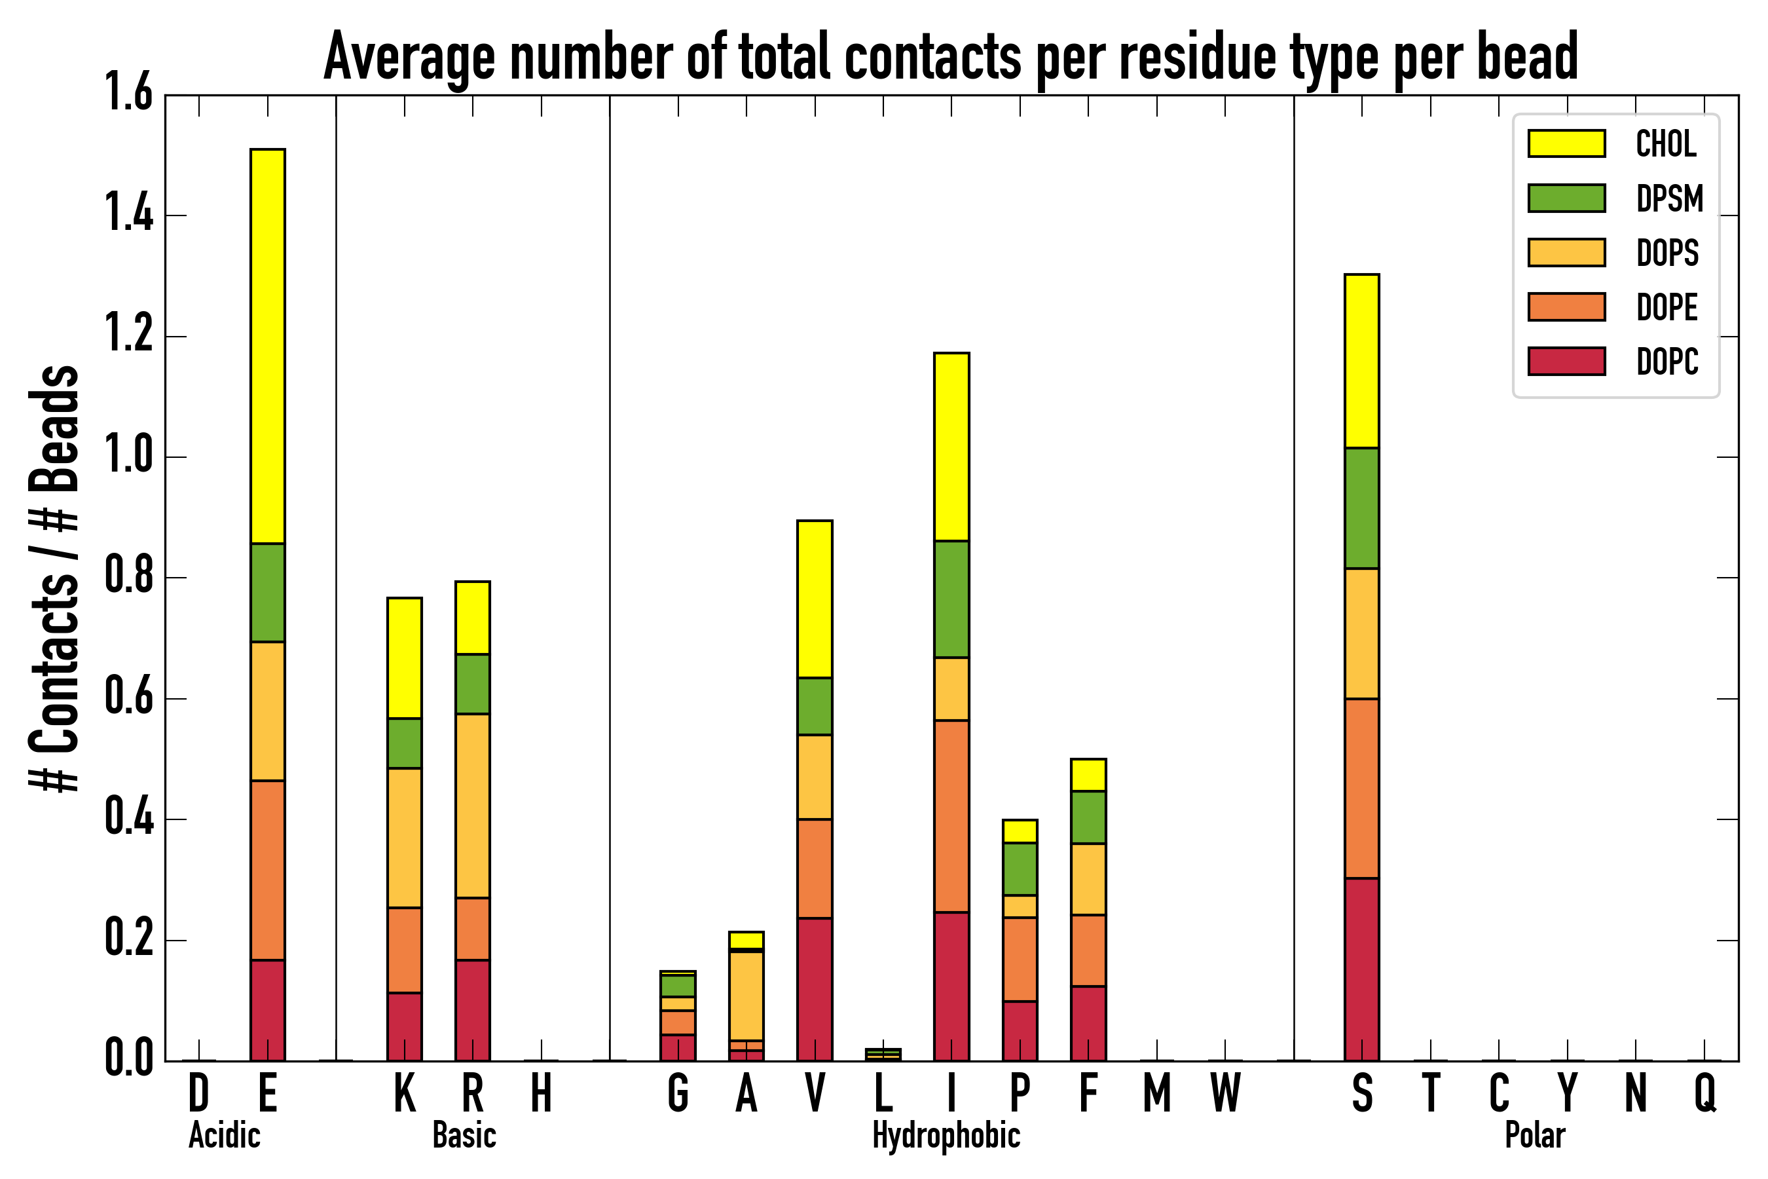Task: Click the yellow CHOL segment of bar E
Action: [268, 346]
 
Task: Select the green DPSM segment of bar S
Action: [1361, 508]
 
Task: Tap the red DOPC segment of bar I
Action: [951, 986]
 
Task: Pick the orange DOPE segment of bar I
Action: [951, 816]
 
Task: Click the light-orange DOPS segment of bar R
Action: [472, 805]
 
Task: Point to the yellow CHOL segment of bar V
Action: [814, 599]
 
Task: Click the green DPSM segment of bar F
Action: [1088, 817]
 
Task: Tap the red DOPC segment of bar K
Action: [405, 1026]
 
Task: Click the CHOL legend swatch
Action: [1566, 143]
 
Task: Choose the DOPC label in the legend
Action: [1667, 362]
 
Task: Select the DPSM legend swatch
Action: [1566, 198]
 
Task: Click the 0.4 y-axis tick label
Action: [129, 819]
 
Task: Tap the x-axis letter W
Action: [1225, 1093]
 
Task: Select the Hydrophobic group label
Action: [946, 1135]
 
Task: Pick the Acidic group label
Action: [224, 1135]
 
